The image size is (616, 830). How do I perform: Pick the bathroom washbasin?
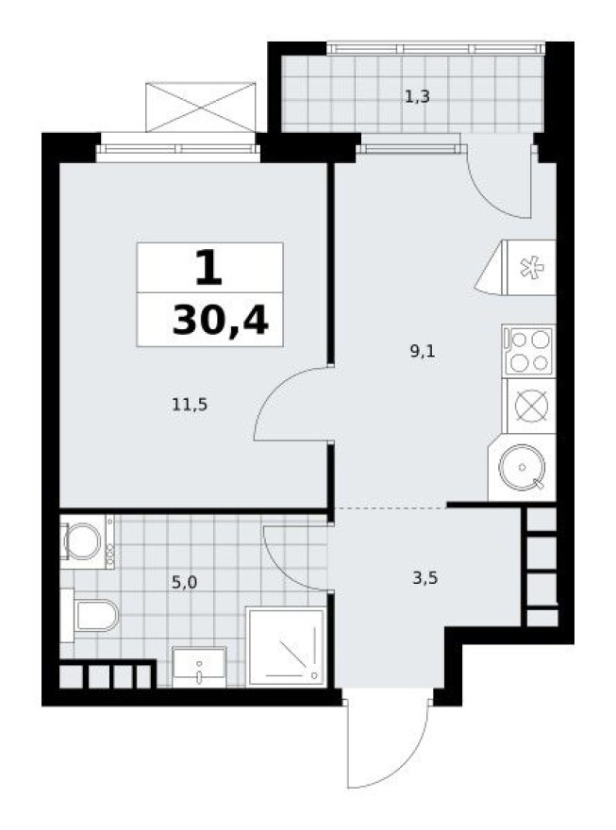point(199,666)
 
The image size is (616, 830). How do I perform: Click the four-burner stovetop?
point(529,350)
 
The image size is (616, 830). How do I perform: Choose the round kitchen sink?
point(521,473)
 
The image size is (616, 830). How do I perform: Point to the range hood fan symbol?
point(529,267)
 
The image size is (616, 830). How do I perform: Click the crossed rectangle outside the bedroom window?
point(201,107)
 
